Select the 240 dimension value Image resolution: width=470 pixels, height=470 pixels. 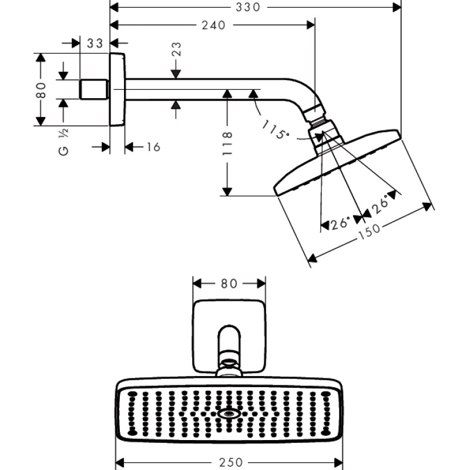click(x=213, y=25)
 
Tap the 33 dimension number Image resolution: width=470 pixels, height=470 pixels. click(x=95, y=43)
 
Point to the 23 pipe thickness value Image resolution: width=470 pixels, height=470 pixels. click(x=176, y=49)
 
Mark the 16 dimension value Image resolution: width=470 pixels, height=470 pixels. click(x=153, y=147)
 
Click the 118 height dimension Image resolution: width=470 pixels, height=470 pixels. click(x=229, y=142)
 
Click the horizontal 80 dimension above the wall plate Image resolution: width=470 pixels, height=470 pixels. click(x=229, y=284)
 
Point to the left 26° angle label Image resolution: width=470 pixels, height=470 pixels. click(x=340, y=223)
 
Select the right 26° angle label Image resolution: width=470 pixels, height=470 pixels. click(x=380, y=204)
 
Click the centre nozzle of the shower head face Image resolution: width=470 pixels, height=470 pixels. click(x=229, y=414)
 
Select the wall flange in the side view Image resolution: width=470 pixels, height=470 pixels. click(x=117, y=89)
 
